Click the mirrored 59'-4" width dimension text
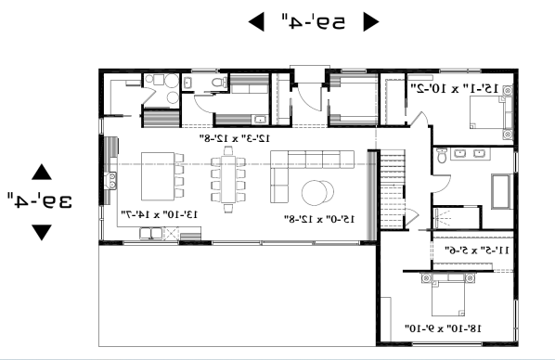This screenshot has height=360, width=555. pyautogui.click(x=310, y=20)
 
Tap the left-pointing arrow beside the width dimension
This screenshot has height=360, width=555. pyautogui.click(x=254, y=20)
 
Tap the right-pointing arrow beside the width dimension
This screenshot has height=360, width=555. pyautogui.click(x=370, y=20)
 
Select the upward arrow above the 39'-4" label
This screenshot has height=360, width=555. pyautogui.click(x=41, y=172)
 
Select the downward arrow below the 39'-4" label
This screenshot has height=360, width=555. pyautogui.click(x=41, y=232)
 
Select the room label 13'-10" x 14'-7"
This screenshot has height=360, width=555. pyautogui.click(x=161, y=214)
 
